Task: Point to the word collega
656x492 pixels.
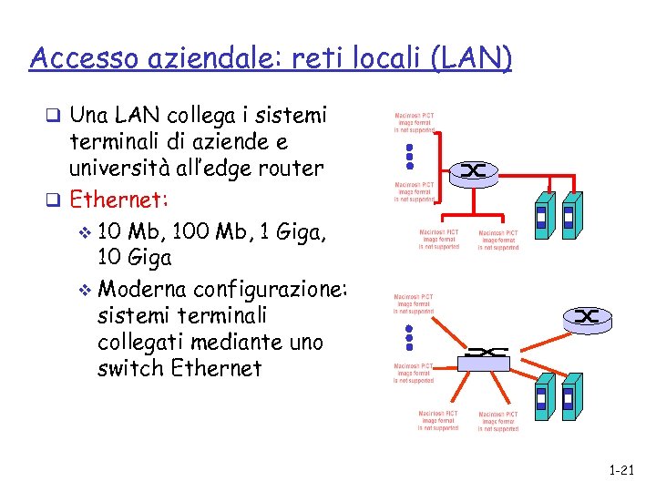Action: coord(200,116)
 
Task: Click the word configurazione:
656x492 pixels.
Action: coord(272,289)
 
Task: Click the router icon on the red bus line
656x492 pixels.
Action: coord(476,170)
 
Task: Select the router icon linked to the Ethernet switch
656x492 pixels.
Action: coord(585,317)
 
